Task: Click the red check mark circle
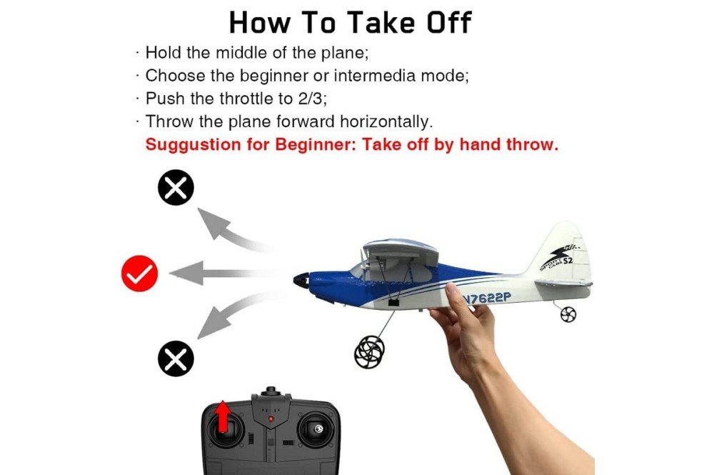(x=139, y=274)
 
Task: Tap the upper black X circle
(x=176, y=188)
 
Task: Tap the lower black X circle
(x=176, y=359)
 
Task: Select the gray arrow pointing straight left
(x=223, y=274)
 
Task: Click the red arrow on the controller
(x=223, y=416)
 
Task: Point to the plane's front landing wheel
(x=370, y=352)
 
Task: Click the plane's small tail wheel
(x=568, y=314)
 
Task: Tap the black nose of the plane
(x=301, y=279)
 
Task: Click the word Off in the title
(x=448, y=22)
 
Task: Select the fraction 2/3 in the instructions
(x=313, y=99)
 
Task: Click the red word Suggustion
(x=193, y=145)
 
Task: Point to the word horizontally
(x=386, y=121)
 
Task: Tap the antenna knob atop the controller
(x=271, y=391)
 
